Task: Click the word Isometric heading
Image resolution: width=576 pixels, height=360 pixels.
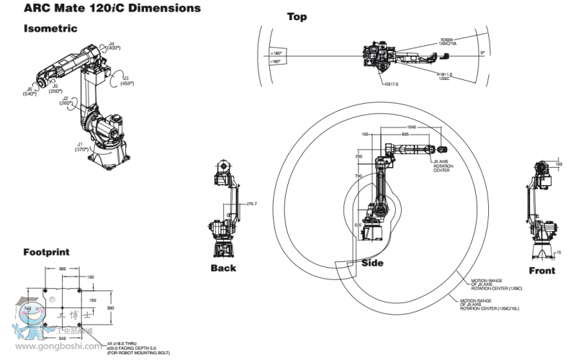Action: (x=50, y=28)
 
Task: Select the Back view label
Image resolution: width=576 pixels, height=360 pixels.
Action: (x=223, y=268)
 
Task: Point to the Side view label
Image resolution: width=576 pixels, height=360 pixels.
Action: (x=373, y=263)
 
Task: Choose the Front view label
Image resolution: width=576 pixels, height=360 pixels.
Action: (x=542, y=271)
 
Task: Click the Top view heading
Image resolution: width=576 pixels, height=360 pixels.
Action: (x=297, y=17)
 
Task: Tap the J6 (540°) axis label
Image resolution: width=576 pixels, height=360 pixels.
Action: (x=30, y=91)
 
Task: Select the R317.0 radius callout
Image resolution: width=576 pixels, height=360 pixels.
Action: (x=392, y=84)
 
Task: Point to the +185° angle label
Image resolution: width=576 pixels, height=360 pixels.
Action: (x=276, y=53)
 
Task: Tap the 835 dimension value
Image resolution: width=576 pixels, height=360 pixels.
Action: (x=405, y=134)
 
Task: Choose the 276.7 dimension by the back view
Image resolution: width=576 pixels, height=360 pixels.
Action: (x=251, y=204)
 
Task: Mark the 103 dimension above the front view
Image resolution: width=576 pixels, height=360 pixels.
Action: (x=559, y=164)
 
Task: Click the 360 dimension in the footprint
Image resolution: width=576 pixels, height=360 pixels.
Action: (x=63, y=268)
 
